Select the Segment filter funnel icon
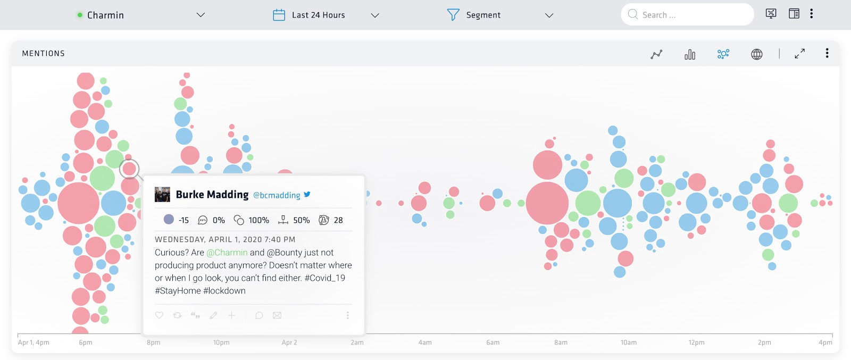453,15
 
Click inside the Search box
691,15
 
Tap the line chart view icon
656,54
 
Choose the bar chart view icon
690,54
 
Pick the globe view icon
756,54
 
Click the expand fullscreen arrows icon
799,54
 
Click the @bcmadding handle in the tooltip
277,195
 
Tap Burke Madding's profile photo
162,195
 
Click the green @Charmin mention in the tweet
227,253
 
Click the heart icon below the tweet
159,315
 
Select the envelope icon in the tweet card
277,315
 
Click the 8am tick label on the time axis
561,342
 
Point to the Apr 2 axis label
289,342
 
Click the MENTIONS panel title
44,53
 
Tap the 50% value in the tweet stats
301,220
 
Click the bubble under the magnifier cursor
129,169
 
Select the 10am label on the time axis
629,342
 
